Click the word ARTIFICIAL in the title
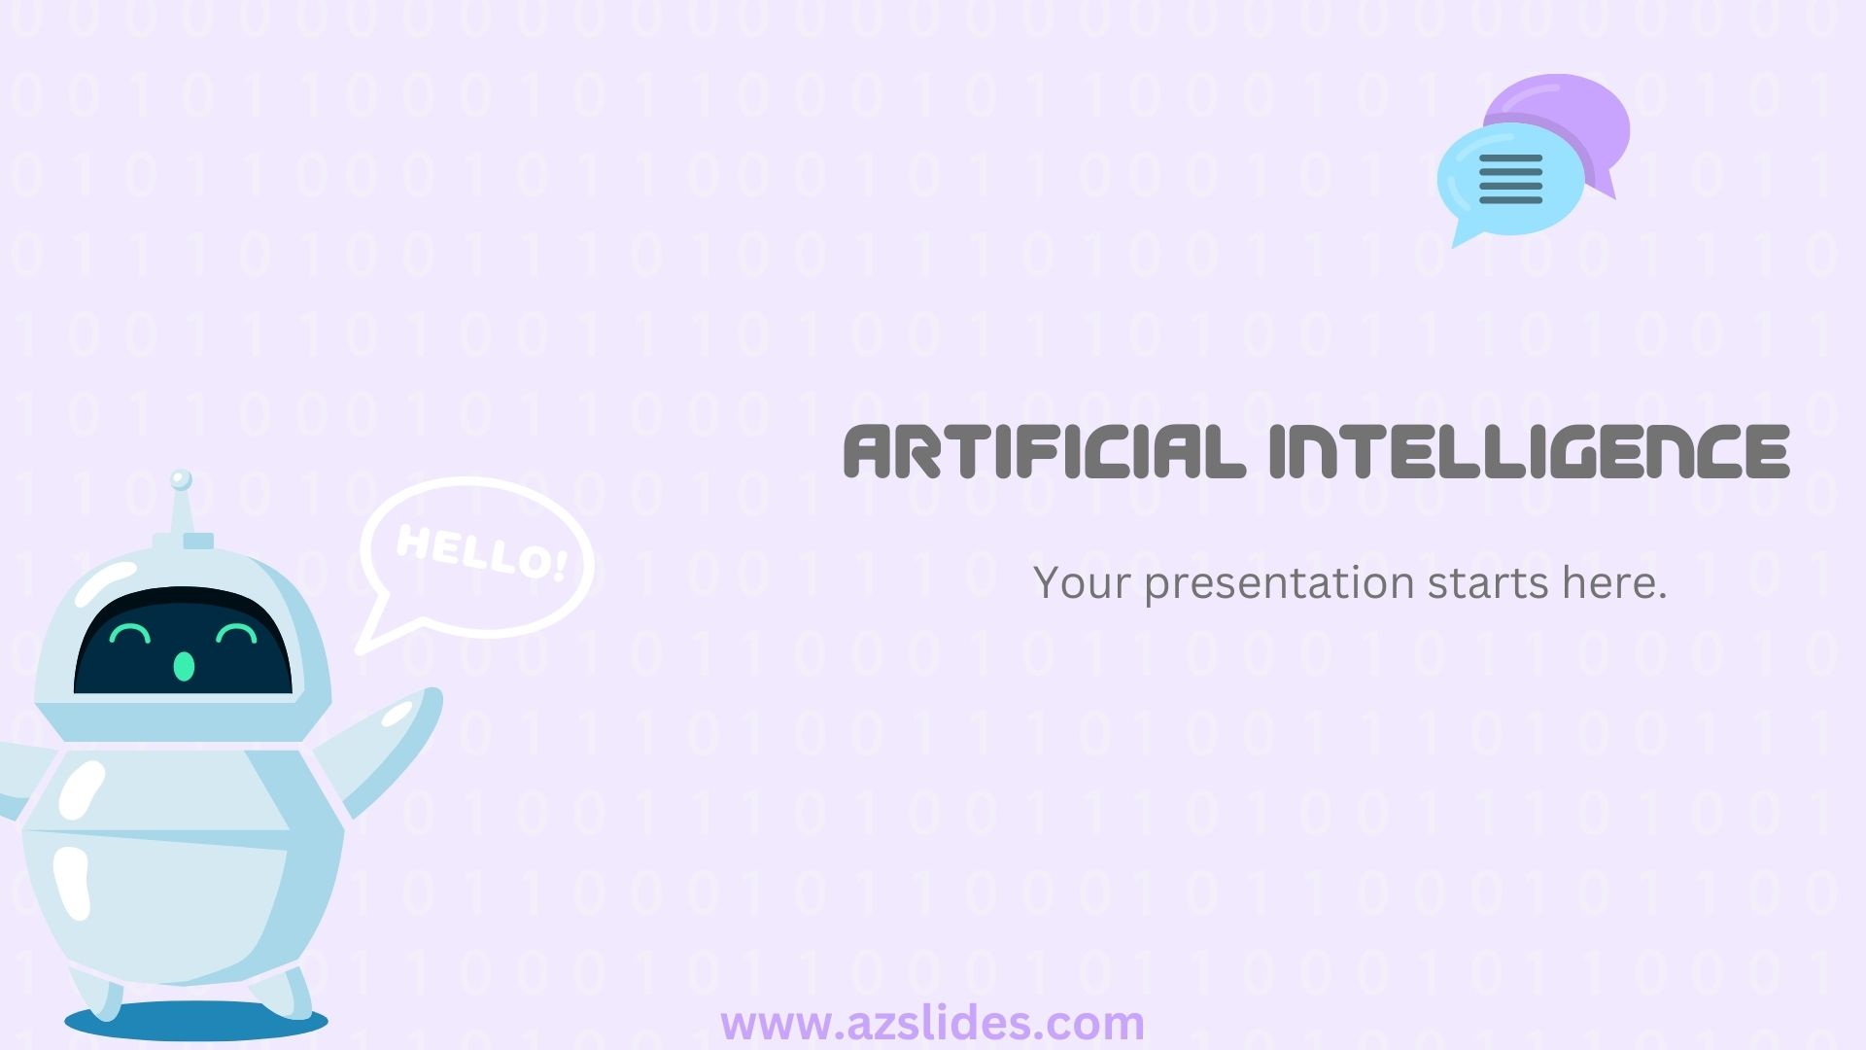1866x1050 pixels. point(1044,451)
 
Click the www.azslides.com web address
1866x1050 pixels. point(932,1024)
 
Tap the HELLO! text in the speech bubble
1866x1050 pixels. point(482,552)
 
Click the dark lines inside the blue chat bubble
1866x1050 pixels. point(1510,179)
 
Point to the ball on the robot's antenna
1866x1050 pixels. point(181,479)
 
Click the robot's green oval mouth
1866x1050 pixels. point(184,666)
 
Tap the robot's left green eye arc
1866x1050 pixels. point(129,634)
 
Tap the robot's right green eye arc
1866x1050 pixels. point(236,634)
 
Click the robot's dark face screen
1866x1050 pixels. point(183,642)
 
